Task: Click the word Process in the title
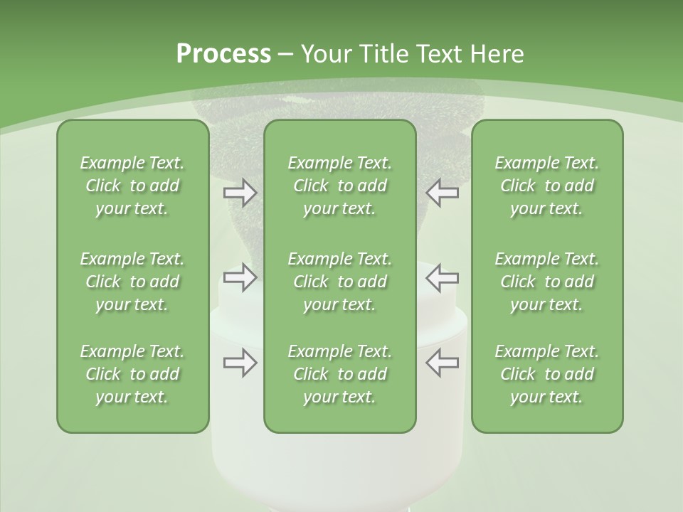[223, 54]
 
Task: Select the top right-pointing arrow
[240, 193]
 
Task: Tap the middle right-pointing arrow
[240, 277]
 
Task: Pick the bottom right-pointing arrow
[240, 363]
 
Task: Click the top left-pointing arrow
[442, 193]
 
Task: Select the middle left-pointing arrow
[442, 277]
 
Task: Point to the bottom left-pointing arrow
[442, 363]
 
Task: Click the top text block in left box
[132, 186]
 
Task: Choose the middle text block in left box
[132, 282]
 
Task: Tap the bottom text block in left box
[132, 374]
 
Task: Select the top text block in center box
[339, 186]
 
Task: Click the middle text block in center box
[339, 282]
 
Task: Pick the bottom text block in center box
[339, 374]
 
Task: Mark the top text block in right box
[546, 186]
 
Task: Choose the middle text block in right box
[546, 282]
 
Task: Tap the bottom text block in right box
[546, 374]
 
